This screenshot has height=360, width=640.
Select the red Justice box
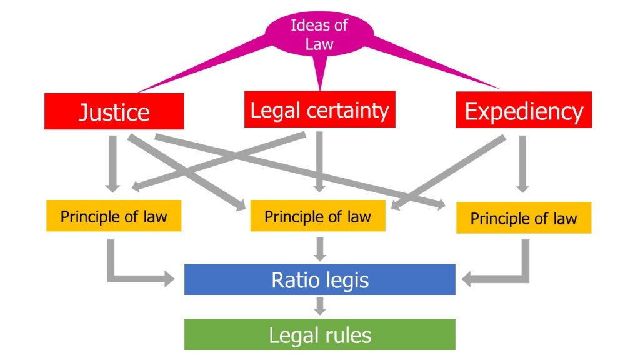click(x=114, y=111)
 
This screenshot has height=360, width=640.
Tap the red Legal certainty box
click(x=319, y=109)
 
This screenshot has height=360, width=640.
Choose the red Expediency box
click(x=524, y=110)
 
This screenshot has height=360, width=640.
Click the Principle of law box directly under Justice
click(x=114, y=216)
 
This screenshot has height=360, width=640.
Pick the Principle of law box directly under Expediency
click(x=524, y=218)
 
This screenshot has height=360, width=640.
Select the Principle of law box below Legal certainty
click(x=317, y=216)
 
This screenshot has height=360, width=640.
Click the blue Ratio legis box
click(x=319, y=279)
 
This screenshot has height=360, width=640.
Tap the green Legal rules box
click(x=319, y=335)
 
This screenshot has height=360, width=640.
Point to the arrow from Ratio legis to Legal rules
click(x=320, y=306)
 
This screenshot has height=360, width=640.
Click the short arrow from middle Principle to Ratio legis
click(x=320, y=247)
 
